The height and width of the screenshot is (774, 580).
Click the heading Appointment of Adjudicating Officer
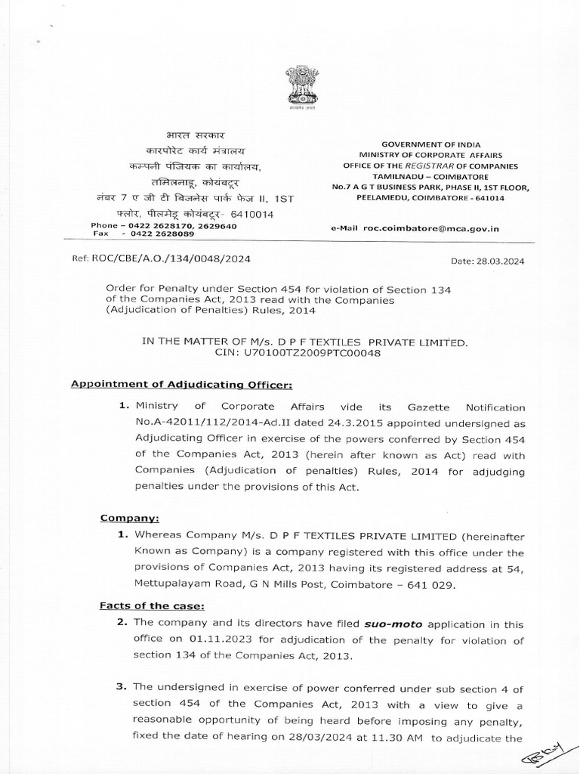click(176, 384)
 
